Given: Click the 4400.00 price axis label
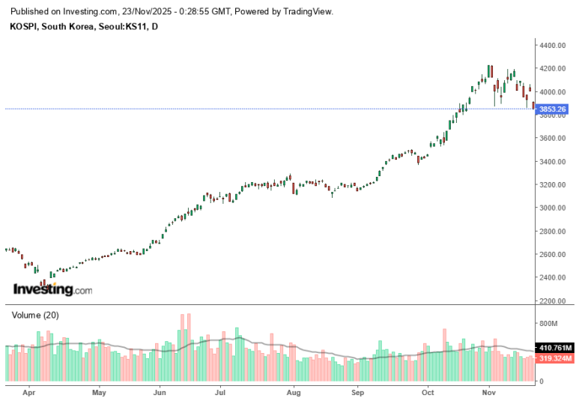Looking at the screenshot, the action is tap(553, 46).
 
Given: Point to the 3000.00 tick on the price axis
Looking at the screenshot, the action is tap(553, 208).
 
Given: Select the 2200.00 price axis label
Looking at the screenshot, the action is tap(553, 301).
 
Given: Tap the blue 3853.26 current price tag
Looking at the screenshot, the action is tap(552, 109).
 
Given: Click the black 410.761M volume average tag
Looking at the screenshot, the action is tap(555, 348).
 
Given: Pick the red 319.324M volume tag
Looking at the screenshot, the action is tap(555, 358).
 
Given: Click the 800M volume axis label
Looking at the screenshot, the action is tap(548, 323).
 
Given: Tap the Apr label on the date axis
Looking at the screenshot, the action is tap(28, 393).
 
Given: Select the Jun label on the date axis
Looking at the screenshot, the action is tap(160, 393).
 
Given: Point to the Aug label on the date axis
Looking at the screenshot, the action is tap(294, 393).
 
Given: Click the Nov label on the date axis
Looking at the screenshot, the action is tap(489, 393).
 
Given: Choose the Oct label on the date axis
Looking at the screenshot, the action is tap(428, 393).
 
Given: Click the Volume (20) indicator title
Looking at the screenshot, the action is tap(35, 316).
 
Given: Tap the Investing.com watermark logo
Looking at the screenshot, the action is tap(52, 289).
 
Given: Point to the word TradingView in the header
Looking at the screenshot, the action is tap(307, 11).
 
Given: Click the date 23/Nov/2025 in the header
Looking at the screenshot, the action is tap(147, 11).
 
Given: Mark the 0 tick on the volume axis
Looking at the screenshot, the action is tap(542, 381).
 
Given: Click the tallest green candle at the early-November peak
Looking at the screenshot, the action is tap(488, 71).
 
